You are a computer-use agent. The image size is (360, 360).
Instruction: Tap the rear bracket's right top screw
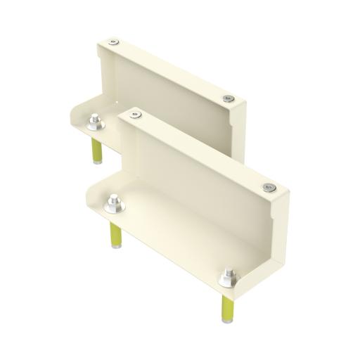click(x=226, y=98)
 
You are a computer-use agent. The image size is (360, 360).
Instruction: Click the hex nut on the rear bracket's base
click(x=96, y=124)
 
